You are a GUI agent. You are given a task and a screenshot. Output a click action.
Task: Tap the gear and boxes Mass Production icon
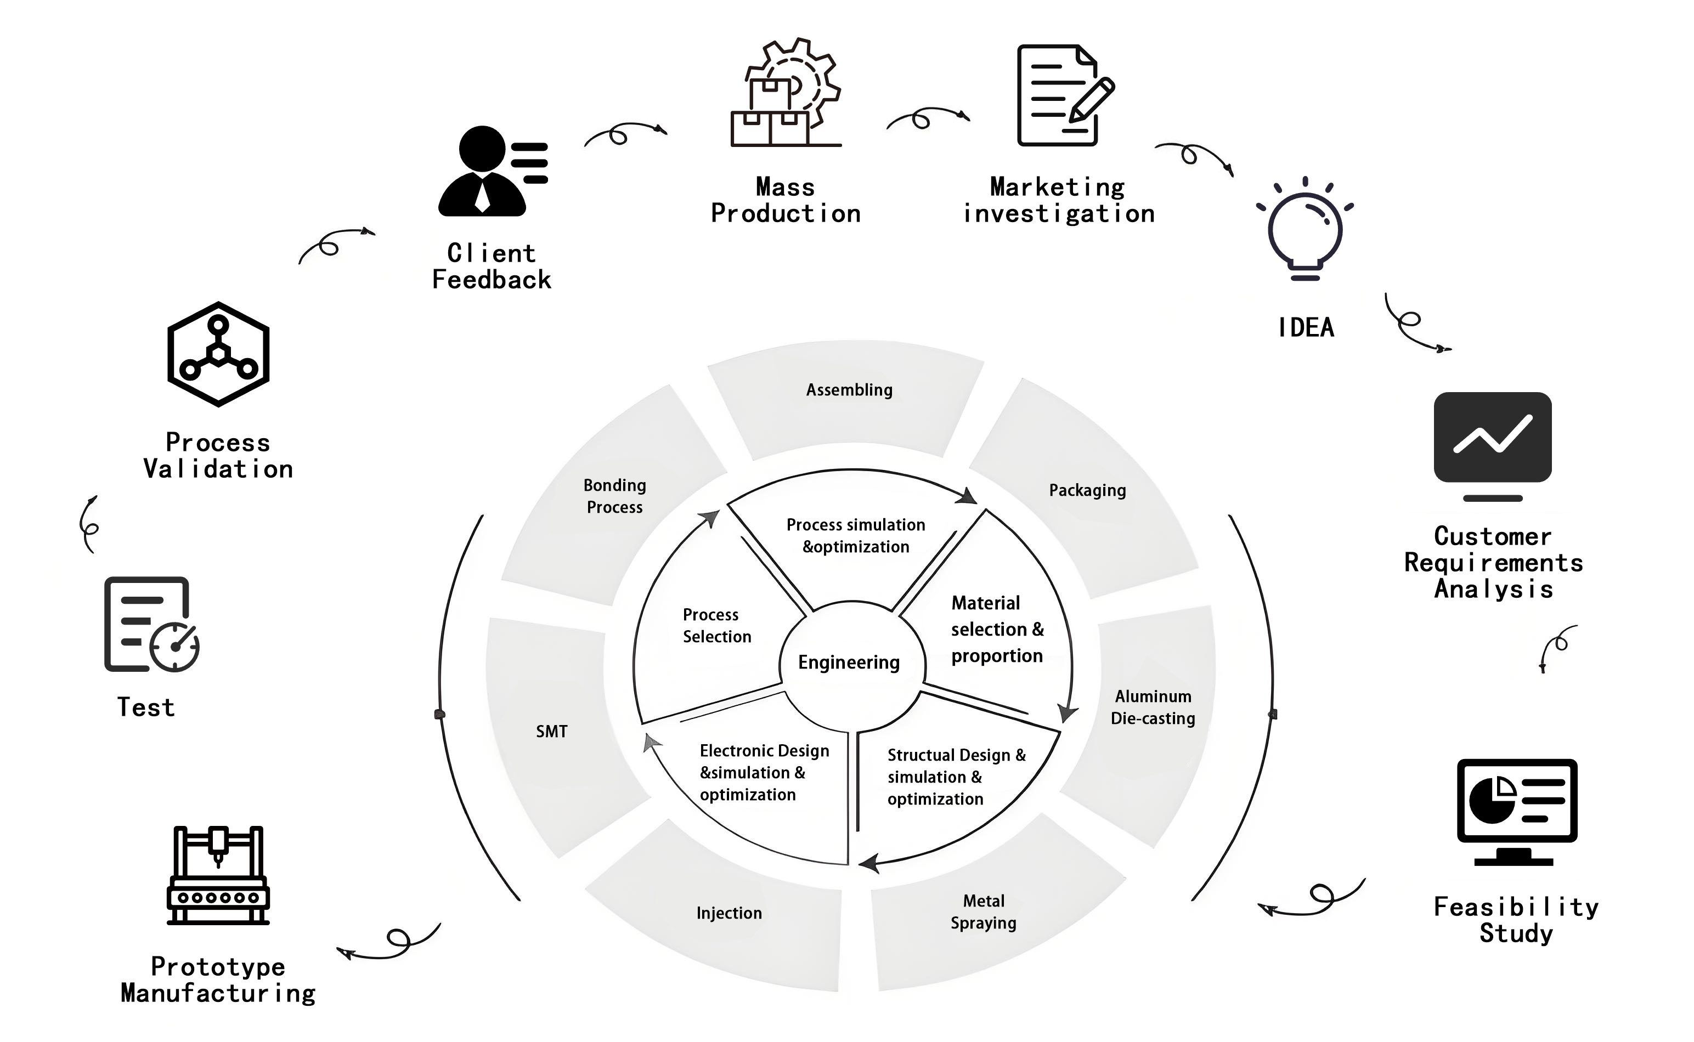point(786,93)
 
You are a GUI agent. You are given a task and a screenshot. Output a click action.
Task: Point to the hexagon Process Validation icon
point(218,354)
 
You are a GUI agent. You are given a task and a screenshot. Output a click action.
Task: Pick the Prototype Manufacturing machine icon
point(218,875)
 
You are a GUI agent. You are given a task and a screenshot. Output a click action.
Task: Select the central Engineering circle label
point(849,662)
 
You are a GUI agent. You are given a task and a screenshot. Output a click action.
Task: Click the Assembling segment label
point(849,390)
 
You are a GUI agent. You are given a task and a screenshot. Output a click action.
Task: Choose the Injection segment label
point(729,913)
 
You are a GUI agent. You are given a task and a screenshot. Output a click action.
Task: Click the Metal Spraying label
point(984,911)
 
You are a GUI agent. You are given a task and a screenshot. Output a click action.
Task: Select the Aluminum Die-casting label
point(1153,707)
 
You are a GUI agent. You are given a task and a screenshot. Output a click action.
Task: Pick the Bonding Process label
point(615,496)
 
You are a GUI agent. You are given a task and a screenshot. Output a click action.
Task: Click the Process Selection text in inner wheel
point(717,625)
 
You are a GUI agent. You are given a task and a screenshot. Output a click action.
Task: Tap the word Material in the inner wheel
point(986,603)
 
